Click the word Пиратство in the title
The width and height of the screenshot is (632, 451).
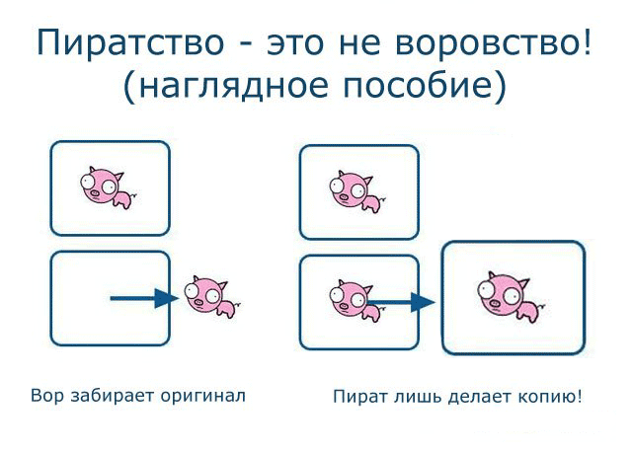(x=129, y=43)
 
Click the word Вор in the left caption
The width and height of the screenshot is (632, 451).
(x=47, y=396)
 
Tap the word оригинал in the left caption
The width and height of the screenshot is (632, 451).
(x=202, y=397)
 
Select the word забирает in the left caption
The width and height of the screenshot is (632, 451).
(x=112, y=396)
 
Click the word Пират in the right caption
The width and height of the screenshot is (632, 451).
(x=360, y=397)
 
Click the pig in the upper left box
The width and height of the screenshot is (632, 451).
(x=109, y=188)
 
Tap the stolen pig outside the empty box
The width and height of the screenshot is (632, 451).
(x=212, y=296)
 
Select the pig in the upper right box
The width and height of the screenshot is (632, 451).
(x=357, y=191)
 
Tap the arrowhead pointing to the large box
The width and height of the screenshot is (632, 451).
(x=424, y=302)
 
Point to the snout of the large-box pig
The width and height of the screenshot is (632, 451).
(x=496, y=303)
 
